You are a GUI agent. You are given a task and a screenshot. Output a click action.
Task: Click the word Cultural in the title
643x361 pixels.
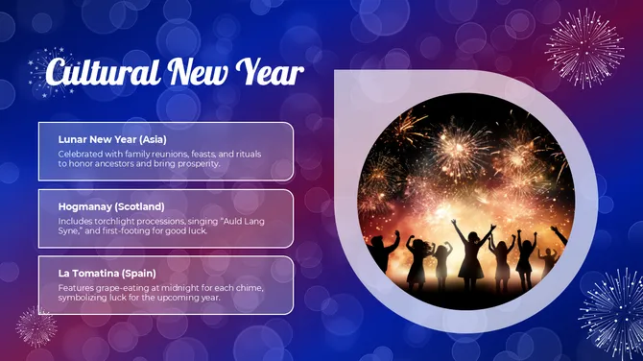[x=102, y=73]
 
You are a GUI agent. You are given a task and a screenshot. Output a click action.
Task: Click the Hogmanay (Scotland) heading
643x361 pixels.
[x=111, y=205]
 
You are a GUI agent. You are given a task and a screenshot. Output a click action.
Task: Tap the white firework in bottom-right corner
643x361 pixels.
[x=611, y=309]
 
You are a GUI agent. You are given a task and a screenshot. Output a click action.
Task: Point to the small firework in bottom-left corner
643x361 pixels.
[x=36, y=327]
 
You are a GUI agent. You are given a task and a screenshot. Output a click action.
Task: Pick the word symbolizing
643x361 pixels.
[x=83, y=298]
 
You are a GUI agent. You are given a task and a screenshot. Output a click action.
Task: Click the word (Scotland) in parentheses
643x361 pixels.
[x=137, y=205]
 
